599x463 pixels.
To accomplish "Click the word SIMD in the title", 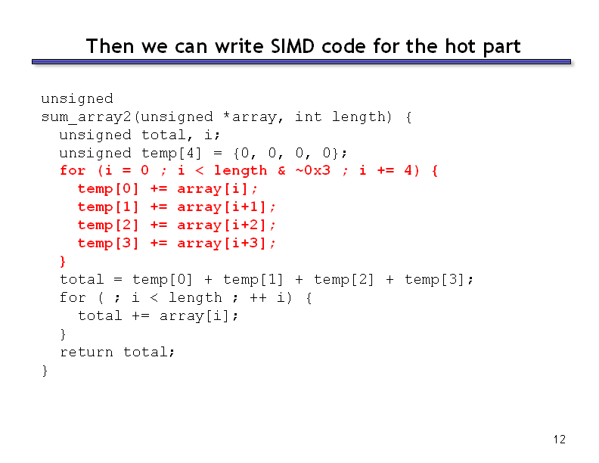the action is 293,46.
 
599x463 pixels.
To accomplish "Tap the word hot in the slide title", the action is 461,46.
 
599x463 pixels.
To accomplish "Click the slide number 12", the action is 559,440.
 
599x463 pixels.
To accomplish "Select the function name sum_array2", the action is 86,117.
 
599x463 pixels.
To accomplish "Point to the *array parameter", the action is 250,117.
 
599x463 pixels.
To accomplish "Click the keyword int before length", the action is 308,117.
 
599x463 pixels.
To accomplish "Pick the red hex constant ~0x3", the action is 313,170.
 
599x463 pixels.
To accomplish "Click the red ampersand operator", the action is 281,170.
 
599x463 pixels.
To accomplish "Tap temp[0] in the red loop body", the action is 108,188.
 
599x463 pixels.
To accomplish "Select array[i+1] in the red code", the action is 221,207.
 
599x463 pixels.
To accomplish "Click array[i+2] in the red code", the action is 221,225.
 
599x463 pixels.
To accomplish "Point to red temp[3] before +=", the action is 108,243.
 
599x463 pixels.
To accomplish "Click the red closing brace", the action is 63,261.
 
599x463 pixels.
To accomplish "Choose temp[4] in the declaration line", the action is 171,153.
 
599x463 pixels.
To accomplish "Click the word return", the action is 86,352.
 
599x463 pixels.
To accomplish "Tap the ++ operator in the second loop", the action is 258,297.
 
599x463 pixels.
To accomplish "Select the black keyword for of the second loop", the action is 73,297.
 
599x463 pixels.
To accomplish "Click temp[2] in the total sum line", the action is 343,280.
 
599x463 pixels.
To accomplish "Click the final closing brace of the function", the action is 45,371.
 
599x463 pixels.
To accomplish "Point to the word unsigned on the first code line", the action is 77,99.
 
